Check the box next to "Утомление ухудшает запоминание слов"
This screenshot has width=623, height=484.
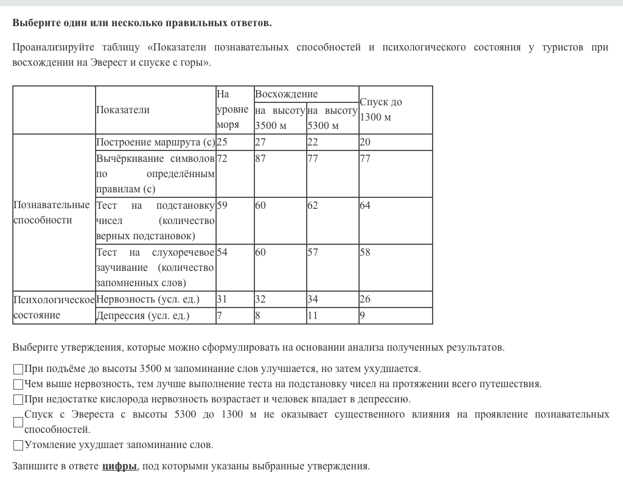point(18,445)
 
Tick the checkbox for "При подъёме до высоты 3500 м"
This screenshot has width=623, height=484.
point(18,369)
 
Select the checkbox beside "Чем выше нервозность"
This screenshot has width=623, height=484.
point(18,384)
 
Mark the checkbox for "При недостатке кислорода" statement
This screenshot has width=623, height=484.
point(18,399)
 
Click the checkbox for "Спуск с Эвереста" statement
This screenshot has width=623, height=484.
point(18,422)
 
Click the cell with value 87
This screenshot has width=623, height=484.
point(260,158)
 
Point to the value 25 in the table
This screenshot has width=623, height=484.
point(222,142)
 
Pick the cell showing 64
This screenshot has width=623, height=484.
point(365,205)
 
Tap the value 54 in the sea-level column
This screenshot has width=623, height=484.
point(222,252)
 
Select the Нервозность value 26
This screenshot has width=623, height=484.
point(365,299)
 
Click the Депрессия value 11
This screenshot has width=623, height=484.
point(313,315)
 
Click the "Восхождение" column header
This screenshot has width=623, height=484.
point(287,94)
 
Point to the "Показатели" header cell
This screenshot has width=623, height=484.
point(123,110)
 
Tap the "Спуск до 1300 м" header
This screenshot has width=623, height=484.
point(381,110)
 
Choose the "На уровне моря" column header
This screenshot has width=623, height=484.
point(232,110)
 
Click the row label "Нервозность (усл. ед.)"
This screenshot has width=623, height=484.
point(148,299)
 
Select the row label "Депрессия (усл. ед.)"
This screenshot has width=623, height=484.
point(143,315)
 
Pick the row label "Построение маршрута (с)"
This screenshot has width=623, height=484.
point(155,142)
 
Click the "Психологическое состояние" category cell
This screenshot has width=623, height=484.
point(54,307)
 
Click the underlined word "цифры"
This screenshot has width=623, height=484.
point(119,466)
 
